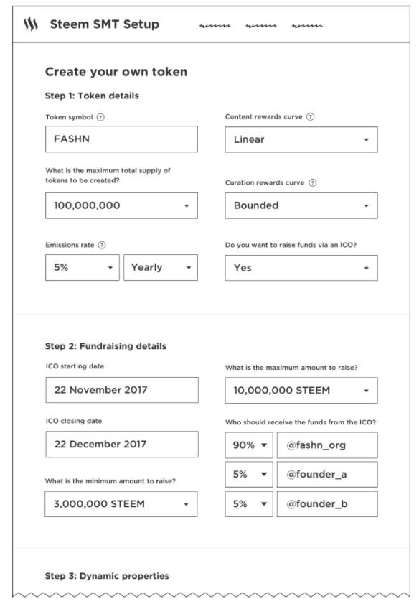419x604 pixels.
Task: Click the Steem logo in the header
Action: point(30,24)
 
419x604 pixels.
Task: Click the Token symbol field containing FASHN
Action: point(121,139)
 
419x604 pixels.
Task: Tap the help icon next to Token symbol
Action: point(100,117)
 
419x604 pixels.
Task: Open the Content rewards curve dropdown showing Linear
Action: point(301,139)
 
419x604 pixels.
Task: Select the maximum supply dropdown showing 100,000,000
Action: point(121,205)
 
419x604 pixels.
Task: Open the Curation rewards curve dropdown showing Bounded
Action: point(301,205)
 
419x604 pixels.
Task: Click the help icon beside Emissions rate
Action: point(102,245)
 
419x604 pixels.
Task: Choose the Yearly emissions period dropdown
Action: point(161,267)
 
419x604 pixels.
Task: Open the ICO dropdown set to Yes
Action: point(301,268)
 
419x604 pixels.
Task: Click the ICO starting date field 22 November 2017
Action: point(121,390)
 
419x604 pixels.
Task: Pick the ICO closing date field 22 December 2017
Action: point(121,444)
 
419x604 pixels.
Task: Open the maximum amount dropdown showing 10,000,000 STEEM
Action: point(301,390)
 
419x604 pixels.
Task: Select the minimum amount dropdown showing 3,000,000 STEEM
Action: point(121,504)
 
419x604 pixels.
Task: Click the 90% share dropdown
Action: point(249,445)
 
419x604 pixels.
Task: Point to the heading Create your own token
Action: point(116,72)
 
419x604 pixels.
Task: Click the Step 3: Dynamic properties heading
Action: point(107,576)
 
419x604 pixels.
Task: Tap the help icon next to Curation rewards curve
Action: point(313,183)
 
